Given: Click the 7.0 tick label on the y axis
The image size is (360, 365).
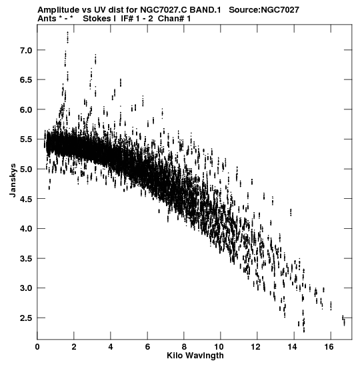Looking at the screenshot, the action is click(25, 50).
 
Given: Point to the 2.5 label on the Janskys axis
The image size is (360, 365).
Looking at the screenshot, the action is click(25, 318).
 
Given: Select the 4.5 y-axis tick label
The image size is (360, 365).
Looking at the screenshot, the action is click(25, 199).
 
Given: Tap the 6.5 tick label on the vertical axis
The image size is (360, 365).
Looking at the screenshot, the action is click(25, 80).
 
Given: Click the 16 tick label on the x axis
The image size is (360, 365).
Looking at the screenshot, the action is click(331, 347).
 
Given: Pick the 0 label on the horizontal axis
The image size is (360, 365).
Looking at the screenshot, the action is click(37, 347).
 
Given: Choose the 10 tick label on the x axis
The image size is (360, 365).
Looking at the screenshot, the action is click(220, 347).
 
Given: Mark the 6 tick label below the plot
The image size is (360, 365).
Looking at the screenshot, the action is click(147, 347).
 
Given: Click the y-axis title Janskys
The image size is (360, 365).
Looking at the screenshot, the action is click(13, 180).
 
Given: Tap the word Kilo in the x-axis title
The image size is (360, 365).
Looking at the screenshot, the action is click(173, 356).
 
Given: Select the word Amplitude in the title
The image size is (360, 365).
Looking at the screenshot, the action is click(59, 10).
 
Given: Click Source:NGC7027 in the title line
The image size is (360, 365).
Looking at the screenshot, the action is click(264, 10).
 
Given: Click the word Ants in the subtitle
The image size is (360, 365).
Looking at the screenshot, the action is click(47, 19).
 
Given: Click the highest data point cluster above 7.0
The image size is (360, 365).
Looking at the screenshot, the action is click(67, 37).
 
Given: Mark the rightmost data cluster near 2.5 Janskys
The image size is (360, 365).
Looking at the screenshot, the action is click(343, 320).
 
